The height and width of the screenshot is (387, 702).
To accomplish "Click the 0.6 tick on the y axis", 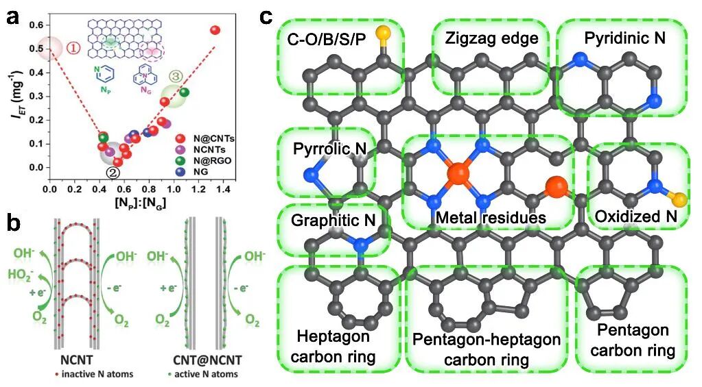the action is [x=36, y=25].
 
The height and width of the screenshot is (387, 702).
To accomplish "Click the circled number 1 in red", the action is [x=73, y=48].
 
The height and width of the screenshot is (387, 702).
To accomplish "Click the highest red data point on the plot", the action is [x=215, y=30].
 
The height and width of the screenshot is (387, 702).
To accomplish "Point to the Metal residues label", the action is [x=490, y=217].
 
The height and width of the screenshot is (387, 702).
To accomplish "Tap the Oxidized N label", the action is [x=636, y=217].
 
